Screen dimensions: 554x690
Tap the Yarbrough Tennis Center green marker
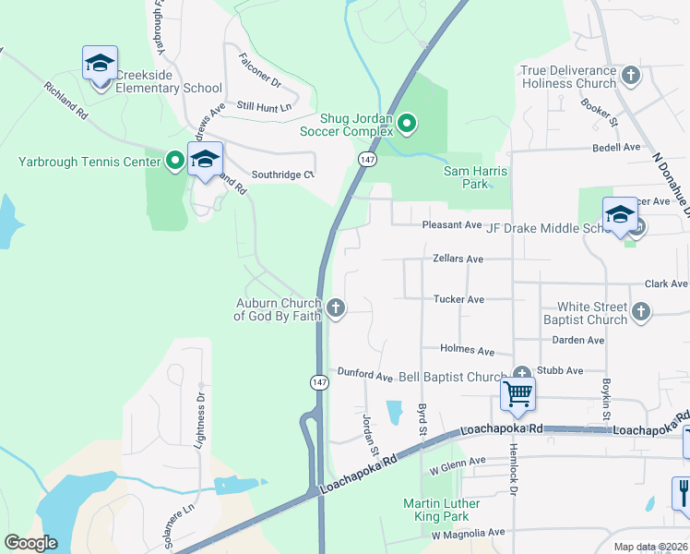click(x=174, y=162)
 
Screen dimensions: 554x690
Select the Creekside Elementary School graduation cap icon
click(x=100, y=64)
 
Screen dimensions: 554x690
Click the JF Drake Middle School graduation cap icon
click(x=620, y=215)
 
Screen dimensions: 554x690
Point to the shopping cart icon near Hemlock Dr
click(x=518, y=394)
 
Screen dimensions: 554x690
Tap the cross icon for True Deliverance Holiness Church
click(x=631, y=75)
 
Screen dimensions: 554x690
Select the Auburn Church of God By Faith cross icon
click(x=337, y=307)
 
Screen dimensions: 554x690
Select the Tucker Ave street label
click(x=458, y=299)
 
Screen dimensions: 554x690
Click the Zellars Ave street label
click(x=458, y=259)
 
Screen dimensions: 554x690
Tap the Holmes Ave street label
click(x=469, y=351)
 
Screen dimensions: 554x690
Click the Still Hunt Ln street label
click(x=264, y=107)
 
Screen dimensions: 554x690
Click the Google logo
click(x=31, y=544)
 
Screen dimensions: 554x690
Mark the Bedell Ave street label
click(x=616, y=147)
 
